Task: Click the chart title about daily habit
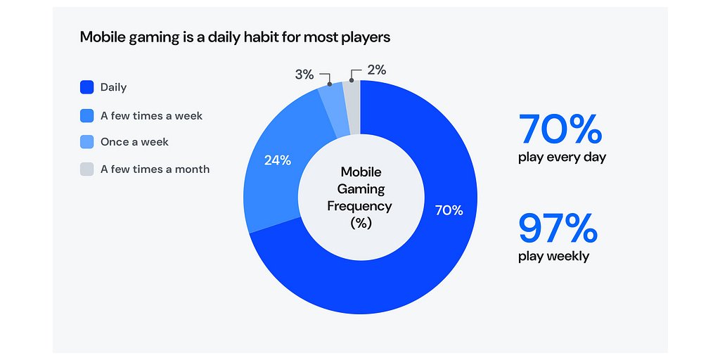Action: coord(235,37)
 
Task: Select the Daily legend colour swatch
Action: coord(86,88)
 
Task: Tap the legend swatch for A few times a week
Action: coord(86,115)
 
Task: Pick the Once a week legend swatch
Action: coord(86,142)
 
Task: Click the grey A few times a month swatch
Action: coord(86,169)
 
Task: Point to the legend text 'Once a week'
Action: coord(134,142)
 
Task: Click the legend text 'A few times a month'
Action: coord(155,169)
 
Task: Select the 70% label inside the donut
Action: coord(449,210)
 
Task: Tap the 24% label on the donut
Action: coord(278,160)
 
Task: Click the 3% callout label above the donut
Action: coord(304,74)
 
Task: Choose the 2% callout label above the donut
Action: coord(376,70)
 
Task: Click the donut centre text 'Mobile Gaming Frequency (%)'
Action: coord(360,197)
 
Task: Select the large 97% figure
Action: coord(558,228)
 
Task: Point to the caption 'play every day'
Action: coord(562,157)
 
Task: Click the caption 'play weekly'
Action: coord(553,256)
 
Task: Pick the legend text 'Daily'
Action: coord(113,88)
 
